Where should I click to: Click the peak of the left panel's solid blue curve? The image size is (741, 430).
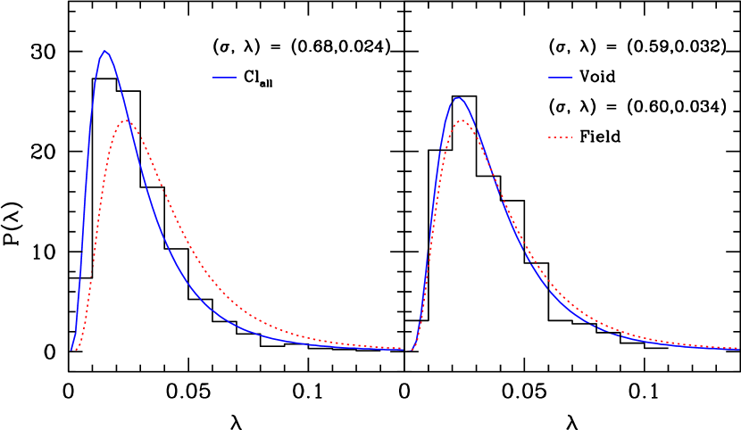pyautogui.click(x=105, y=51)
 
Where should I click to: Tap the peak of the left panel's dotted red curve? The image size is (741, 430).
pyautogui.click(x=128, y=120)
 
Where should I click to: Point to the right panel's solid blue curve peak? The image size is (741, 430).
pyautogui.click(x=458, y=98)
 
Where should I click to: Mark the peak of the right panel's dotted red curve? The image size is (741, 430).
pyautogui.click(x=462, y=120)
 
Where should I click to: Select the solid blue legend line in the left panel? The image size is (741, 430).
pyautogui.click(x=224, y=78)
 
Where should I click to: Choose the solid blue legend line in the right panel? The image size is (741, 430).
pyautogui.click(x=560, y=78)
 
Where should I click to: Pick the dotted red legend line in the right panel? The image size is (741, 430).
pyautogui.click(x=560, y=137)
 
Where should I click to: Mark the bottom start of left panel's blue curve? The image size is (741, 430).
pyautogui.click(x=71, y=350)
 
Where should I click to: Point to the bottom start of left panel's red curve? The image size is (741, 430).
pyautogui.click(x=77, y=350)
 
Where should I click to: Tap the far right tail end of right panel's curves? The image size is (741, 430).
pyautogui.click(x=737, y=349)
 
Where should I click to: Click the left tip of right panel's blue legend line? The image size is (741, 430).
pyautogui.click(x=548, y=78)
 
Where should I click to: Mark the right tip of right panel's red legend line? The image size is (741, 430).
pyautogui.click(x=572, y=137)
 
